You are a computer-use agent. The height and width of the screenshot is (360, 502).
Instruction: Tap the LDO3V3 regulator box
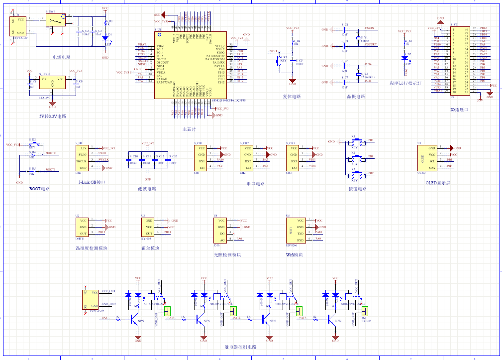tap(52, 83)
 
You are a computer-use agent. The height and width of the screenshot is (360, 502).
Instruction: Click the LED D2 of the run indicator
tap(404, 58)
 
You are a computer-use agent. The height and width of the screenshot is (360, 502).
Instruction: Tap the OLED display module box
tap(428, 158)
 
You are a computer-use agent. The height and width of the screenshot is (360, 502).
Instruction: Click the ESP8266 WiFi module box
tap(294, 230)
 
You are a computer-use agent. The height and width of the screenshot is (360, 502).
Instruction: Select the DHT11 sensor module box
tap(83, 227)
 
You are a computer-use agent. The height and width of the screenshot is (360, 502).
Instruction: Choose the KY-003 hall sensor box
tap(149, 227)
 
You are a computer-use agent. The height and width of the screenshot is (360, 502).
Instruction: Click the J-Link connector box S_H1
tap(83, 158)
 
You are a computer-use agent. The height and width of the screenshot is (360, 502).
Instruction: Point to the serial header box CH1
tap(201, 158)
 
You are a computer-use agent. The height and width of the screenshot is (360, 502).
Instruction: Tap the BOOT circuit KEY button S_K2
tap(33, 144)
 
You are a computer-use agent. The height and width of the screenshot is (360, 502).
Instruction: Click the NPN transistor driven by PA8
tap(135, 320)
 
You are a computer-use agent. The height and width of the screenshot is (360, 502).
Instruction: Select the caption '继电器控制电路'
tap(241, 347)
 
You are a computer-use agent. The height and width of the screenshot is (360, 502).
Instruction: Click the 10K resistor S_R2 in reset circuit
tap(293, 43)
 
